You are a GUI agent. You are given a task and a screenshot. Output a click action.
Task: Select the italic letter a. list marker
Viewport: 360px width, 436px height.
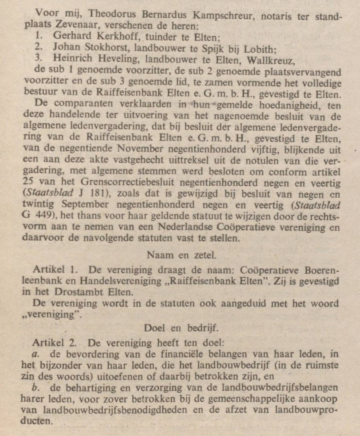(x=35, y=354)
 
